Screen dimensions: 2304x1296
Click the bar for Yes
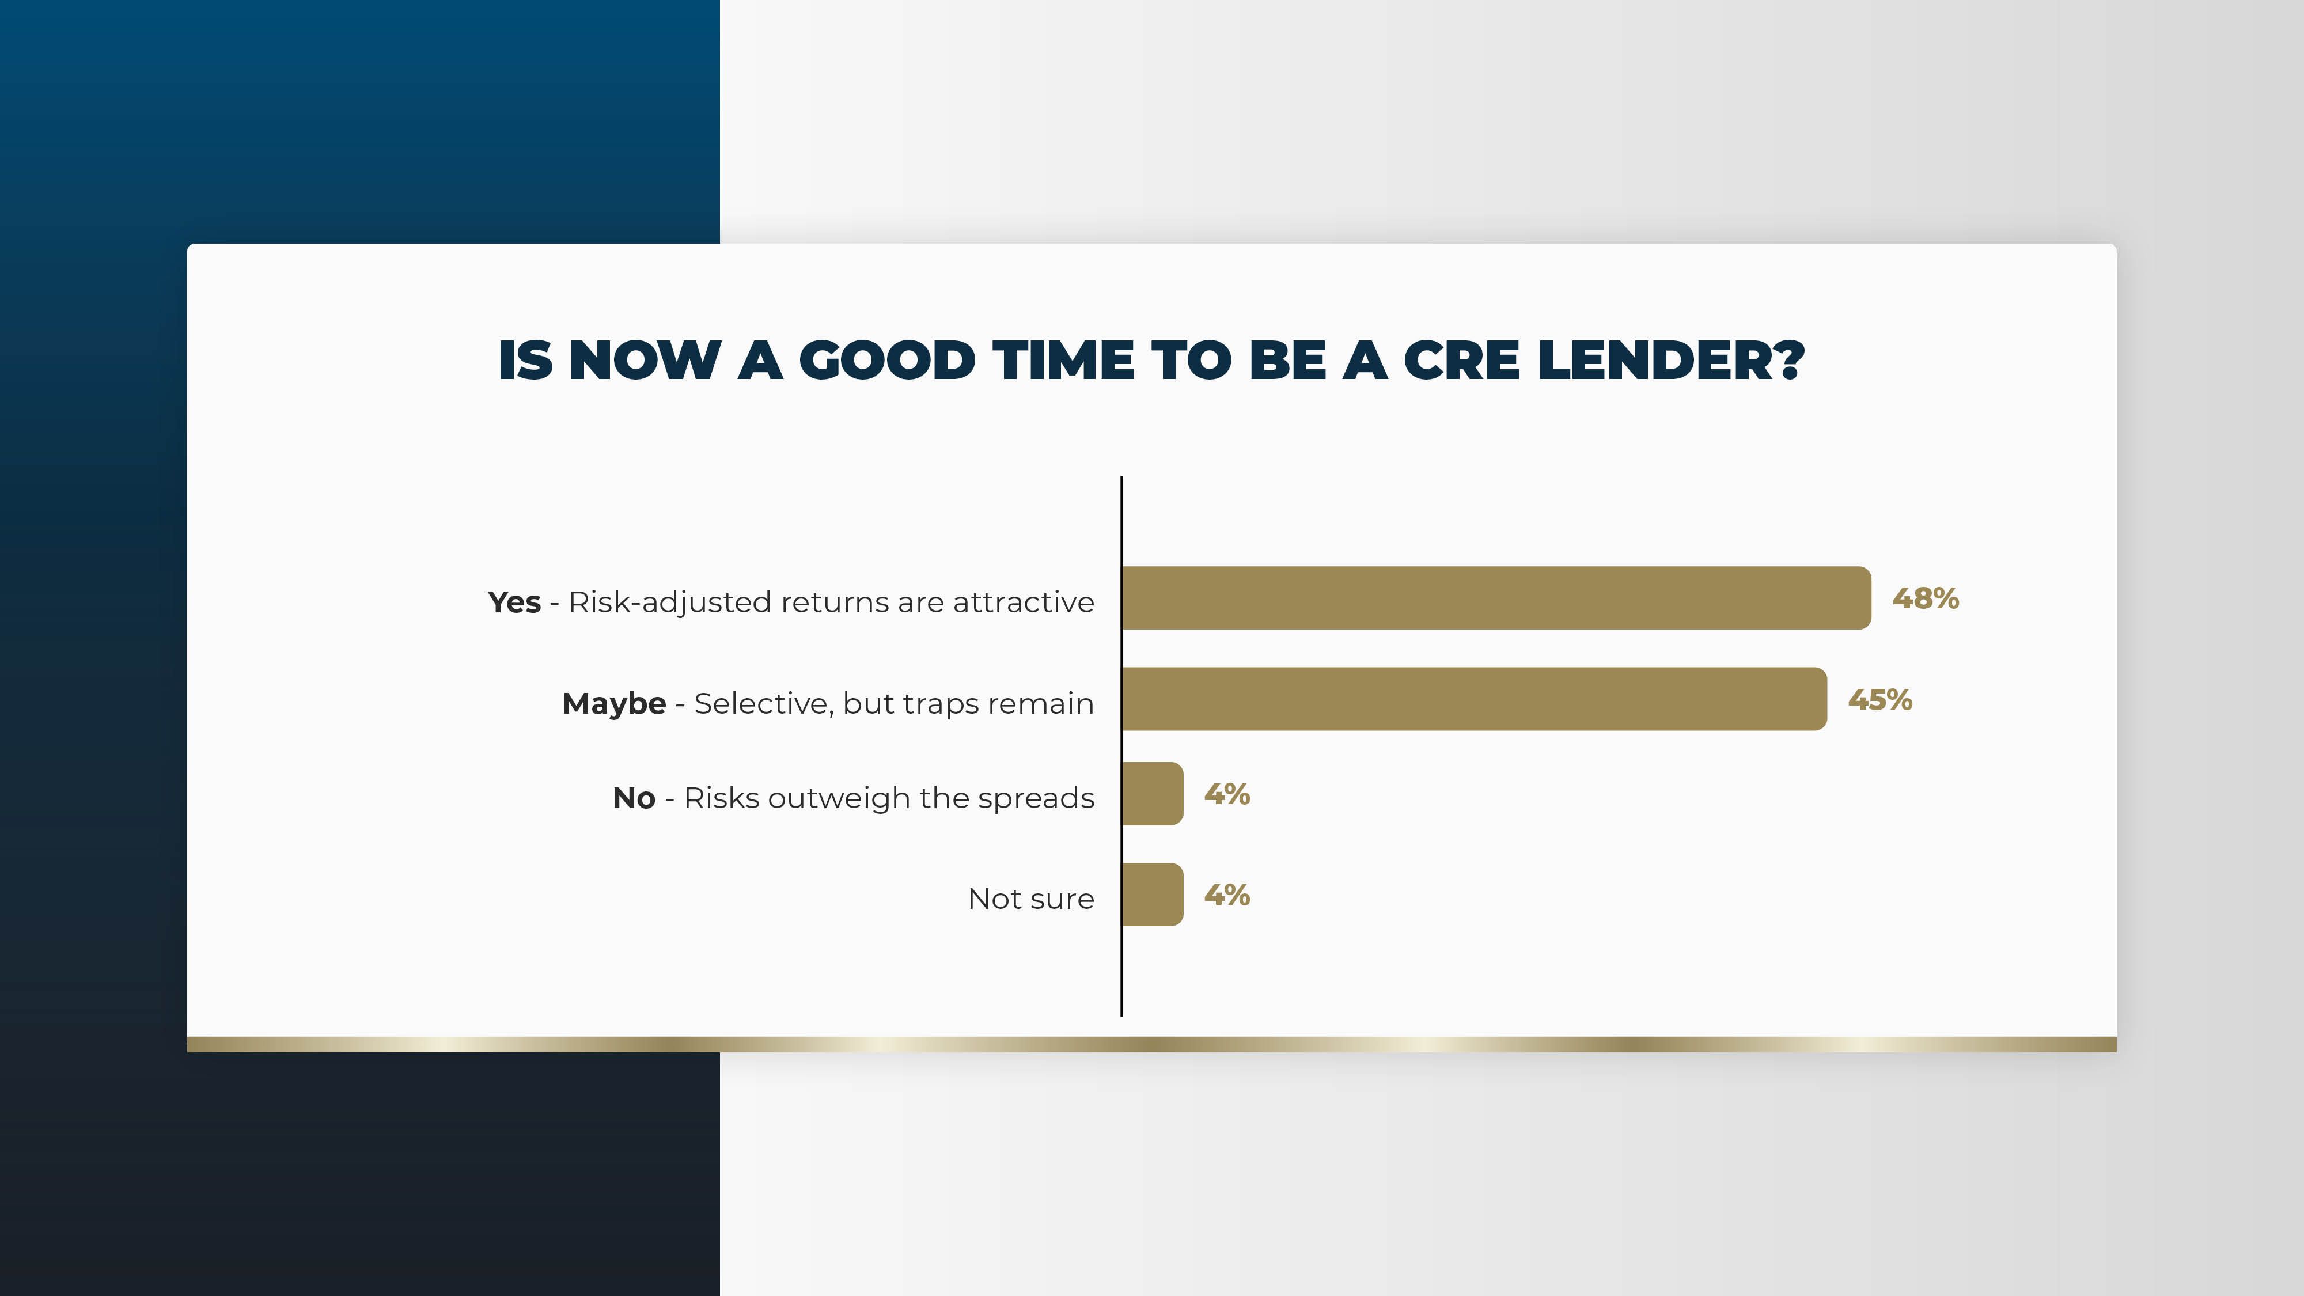pos(1496,597)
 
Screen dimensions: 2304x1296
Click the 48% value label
pos(1926,598)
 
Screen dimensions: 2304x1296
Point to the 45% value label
pos(1880,699)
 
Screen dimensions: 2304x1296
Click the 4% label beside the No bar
pos(1227,794)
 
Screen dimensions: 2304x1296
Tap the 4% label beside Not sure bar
pos(1227,895)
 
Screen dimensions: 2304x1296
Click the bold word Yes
pos(514,602)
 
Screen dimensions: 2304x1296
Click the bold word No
pos(634,798)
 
